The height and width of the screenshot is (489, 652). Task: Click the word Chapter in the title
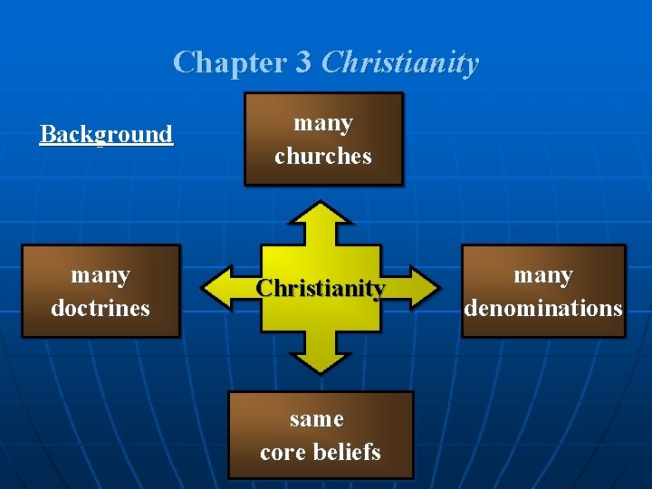[229, 62]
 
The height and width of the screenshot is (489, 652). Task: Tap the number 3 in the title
[303, 62]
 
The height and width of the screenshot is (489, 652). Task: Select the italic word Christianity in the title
[399, 62]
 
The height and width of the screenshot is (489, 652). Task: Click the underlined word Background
[106, 134]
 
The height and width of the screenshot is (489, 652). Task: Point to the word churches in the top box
[323, 156]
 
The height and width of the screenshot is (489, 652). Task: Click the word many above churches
[323, 122]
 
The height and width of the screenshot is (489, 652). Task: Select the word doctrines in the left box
[101, 308]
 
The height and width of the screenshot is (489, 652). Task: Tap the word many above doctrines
[101, 274]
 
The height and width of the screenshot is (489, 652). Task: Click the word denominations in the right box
[543, 308]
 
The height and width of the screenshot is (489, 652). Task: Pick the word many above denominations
[543, 274]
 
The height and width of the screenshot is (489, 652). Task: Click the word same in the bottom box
[317, 418]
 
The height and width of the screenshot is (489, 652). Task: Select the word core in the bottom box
[282, 452]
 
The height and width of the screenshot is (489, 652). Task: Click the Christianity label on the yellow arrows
[321, 288]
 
